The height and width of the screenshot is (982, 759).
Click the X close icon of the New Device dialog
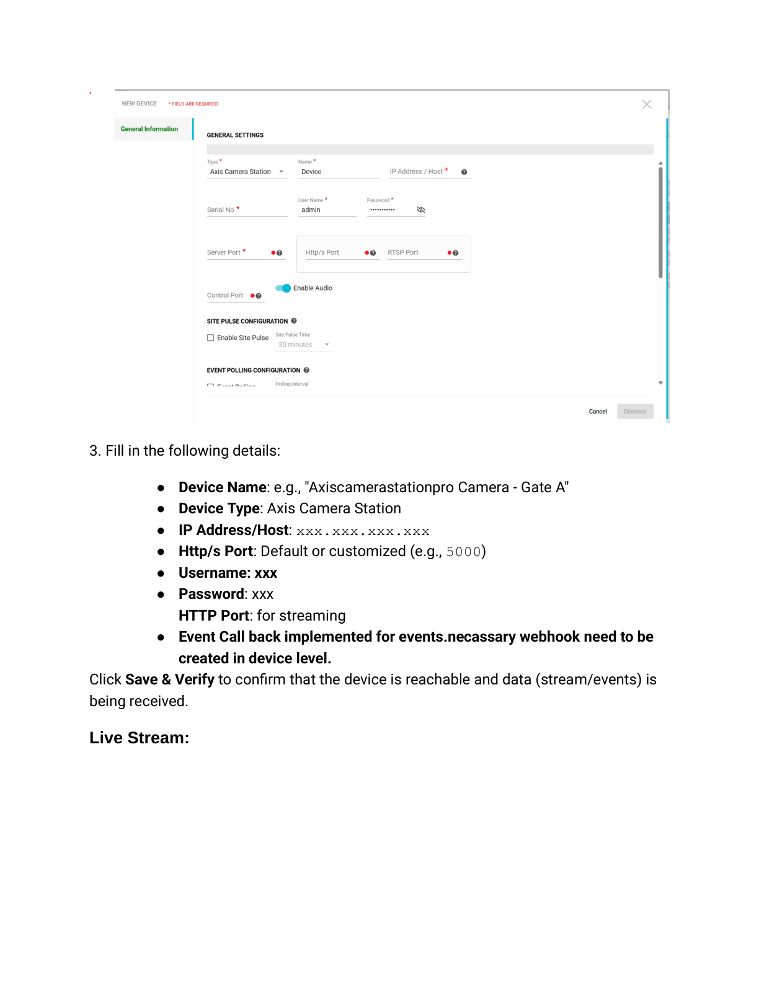pos(647,104)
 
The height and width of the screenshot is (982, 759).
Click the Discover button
pos(635,412)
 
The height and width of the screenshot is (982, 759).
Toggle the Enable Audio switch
pos(283,288)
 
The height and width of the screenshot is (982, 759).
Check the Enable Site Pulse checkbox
pos(211,338)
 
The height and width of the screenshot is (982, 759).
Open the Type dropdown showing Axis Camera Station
pos(247,172)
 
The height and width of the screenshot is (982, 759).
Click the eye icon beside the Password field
pos(421,210)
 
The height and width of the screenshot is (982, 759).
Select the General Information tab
pos(149,129)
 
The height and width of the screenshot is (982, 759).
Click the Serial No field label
pos(221,210)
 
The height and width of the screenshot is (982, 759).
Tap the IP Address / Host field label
pos(416,172)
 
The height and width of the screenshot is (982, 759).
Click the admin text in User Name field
pos(311,210)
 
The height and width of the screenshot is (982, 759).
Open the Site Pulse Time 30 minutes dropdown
pos(303,345)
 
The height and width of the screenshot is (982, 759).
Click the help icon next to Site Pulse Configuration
pos(294,321)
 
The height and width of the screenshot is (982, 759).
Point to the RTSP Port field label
pos(403,252)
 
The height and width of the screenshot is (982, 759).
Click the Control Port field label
pos(225,296)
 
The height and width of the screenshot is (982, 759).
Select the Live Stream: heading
pos(140,738)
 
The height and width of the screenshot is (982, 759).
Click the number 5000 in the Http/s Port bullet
pos(463,552)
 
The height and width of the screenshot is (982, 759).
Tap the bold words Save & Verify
pos(170,679)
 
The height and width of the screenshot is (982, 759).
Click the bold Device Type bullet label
pos(219,508)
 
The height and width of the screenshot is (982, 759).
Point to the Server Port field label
pos(224,252)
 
